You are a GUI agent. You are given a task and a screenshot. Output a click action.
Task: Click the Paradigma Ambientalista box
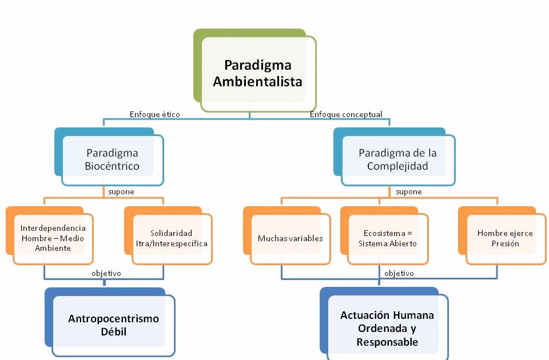tap(257, 73)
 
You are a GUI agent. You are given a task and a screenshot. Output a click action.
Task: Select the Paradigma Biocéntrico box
tap(113, 160)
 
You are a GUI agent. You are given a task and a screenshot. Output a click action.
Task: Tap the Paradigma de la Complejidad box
tap(397, 160)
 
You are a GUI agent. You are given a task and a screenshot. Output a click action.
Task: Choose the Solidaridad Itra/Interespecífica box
tap(172, 238)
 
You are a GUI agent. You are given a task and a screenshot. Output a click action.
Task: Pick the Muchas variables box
tap(290, 238)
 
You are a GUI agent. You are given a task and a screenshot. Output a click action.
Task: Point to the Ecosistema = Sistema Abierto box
tap(388, 238)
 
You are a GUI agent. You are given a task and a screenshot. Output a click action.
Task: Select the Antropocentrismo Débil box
tap(113, 325)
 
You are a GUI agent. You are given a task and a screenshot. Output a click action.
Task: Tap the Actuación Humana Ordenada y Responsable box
tap(387, 329)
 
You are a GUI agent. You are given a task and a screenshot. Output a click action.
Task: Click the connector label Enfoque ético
tap(155, 114)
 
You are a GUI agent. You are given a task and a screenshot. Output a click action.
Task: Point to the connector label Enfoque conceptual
tap(346, 114)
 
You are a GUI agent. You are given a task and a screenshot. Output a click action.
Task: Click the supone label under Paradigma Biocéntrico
tap(121, 192)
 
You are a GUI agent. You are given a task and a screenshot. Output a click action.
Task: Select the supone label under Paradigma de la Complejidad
tap(409, 192)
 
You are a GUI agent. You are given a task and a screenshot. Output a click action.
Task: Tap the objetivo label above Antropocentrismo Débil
tap(106, 273)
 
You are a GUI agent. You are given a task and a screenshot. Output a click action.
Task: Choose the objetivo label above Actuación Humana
tap(399, 273)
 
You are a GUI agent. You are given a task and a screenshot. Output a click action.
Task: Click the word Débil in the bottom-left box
tap(113, 331)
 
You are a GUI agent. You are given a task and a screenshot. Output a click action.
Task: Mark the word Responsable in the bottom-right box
tap(387, 342)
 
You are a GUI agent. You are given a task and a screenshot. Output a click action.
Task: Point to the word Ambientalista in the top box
tap(257, 81)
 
